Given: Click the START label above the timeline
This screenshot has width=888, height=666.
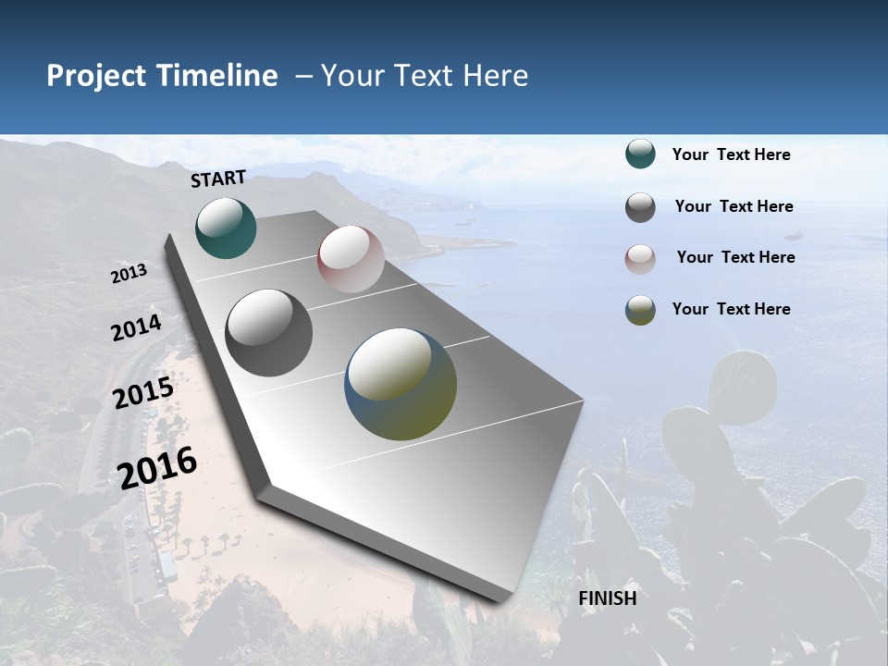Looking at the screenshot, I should [x=218, y=179].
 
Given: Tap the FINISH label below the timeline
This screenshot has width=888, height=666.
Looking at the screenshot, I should [x=607, y=598].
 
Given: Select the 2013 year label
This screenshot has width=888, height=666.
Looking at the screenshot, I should [x=129, y=274].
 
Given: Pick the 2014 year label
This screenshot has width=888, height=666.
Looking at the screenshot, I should [x=136, y=328].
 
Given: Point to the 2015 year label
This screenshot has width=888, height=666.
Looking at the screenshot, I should [x=142, y=393].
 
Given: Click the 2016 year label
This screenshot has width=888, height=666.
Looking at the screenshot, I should [x=157, y=467].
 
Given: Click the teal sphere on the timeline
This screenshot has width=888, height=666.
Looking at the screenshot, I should [x=226, y=228].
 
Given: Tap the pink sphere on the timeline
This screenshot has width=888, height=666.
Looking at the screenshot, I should [x=351, y=259].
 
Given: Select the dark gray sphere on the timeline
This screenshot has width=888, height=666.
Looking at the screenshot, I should [x=269, y=333].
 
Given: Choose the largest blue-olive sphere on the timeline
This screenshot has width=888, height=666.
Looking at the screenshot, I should [x=401, y=384].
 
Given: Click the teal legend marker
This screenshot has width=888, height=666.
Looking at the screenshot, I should [x=640, y=154].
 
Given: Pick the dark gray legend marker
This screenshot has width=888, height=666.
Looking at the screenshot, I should [x=640, y=207].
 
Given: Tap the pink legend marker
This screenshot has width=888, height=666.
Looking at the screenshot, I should [x=640, y=259].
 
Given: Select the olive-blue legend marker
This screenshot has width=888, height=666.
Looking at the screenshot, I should [x=640, y=310].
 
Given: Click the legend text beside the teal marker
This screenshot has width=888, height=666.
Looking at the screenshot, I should [x=731, y=154].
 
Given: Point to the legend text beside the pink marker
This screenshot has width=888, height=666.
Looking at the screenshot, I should [x=735, y=257].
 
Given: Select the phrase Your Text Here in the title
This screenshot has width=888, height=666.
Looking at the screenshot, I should [x=425, y=76].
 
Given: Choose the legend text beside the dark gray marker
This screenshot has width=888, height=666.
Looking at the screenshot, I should [x=734, y=206].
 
